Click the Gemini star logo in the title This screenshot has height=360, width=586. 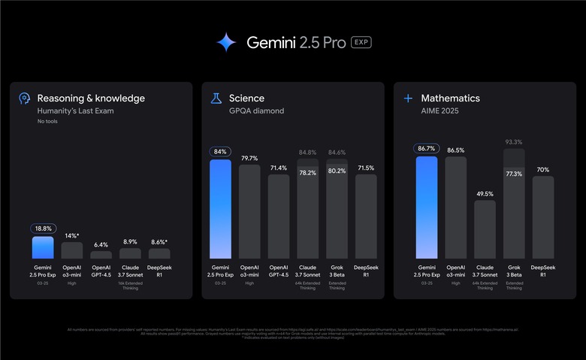(226, 42)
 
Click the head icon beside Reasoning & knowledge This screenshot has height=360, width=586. (25, 98)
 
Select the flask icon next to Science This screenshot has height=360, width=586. (216, 98)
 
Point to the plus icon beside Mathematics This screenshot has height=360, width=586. (408, 98)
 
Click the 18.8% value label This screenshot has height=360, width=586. (44, 228)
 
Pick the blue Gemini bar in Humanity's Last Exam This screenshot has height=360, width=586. (44, 247)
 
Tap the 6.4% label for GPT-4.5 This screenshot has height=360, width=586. (101, 244)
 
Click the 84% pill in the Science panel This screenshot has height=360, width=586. (221, 152)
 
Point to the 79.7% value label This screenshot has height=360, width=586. (249, 158)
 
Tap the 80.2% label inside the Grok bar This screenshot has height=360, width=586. (337, 171)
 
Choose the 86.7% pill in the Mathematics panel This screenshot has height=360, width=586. (426, 149)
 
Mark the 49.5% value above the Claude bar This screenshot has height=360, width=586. (485, 193)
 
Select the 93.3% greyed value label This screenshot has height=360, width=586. (514, 142)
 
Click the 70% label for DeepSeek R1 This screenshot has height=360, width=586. (542, 169)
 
